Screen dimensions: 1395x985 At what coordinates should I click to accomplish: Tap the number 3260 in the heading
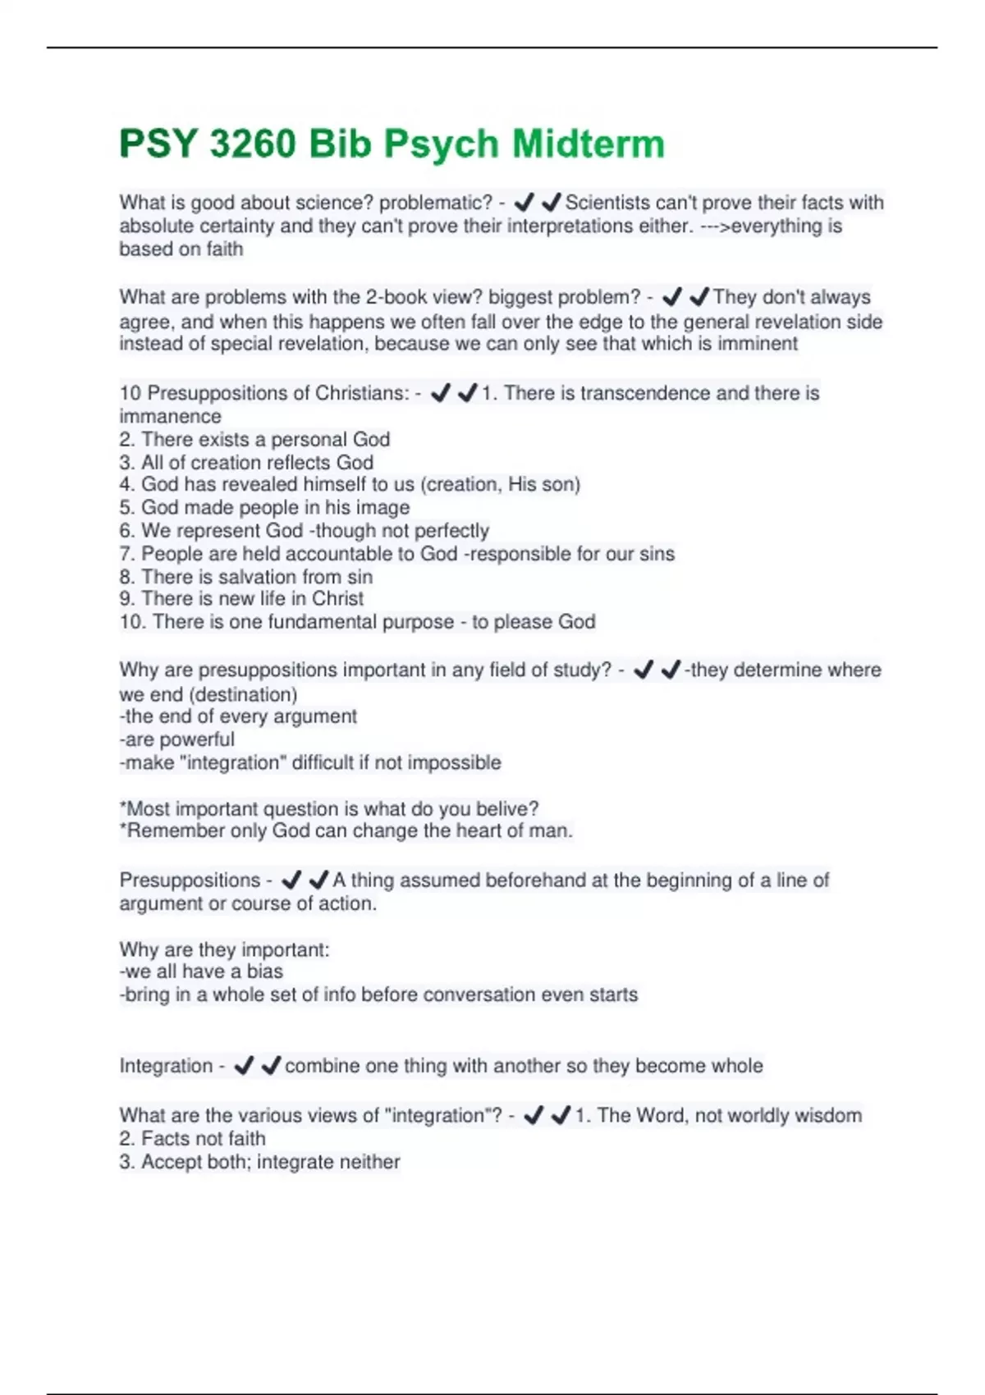252,144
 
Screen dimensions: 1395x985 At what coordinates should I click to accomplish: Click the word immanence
170,416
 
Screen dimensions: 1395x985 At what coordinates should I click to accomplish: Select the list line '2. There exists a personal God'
254,439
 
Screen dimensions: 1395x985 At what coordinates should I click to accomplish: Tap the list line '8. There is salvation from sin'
245,577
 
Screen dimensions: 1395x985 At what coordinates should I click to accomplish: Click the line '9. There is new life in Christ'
241,599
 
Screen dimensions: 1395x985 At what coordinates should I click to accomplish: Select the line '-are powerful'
176,739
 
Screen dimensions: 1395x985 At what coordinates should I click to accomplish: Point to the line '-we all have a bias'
201,972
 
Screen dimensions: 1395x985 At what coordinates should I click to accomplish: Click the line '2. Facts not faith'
192,1139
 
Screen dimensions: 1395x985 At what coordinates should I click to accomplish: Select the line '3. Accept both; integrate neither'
259,1162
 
